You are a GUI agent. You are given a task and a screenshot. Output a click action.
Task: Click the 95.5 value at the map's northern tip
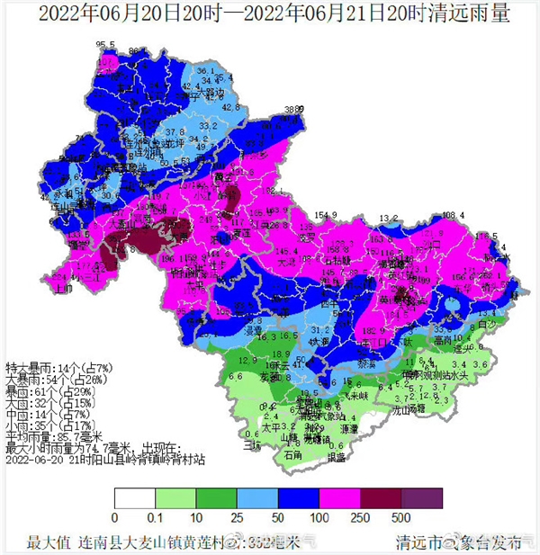106,44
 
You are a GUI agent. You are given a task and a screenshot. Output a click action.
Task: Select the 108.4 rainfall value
454,215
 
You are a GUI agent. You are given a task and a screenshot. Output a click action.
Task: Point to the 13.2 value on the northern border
389,218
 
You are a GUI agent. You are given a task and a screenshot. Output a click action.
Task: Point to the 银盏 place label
336,457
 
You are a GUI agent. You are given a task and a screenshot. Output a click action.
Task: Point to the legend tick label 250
360,519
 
